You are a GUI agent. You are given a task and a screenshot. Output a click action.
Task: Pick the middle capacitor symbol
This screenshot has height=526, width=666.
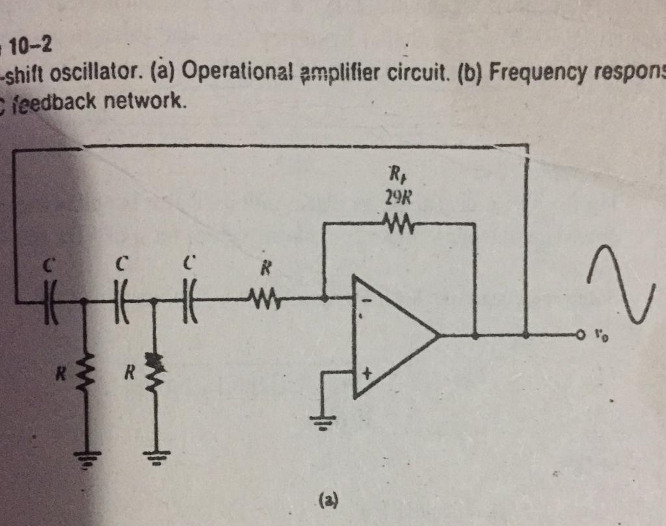(x=120, y=300)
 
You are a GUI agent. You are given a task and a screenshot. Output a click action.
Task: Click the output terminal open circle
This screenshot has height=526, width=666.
(x=580, y=335)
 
